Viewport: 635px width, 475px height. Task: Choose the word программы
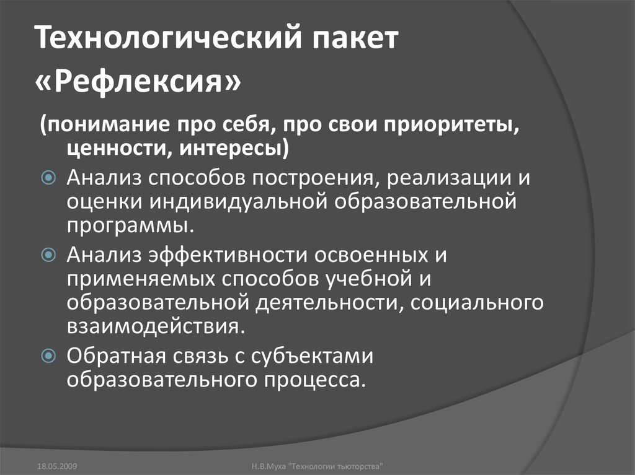[x=131, y=224]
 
